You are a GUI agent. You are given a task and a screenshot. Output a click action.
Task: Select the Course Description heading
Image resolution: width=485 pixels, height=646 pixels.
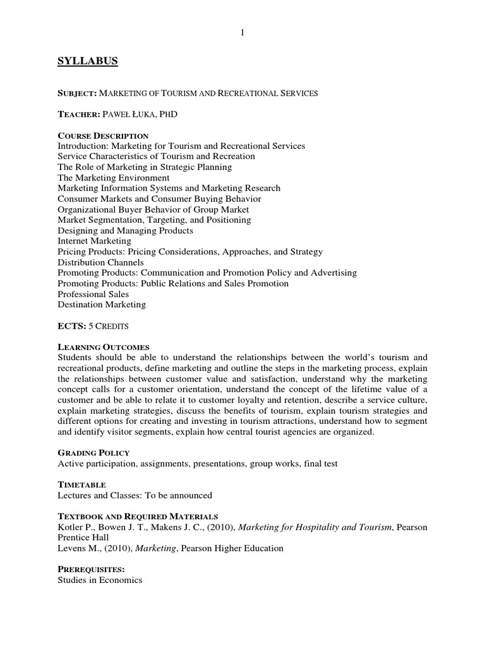(x=103, y=136)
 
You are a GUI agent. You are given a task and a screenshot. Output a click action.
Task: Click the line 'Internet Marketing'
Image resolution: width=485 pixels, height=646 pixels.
(x=94, y=241)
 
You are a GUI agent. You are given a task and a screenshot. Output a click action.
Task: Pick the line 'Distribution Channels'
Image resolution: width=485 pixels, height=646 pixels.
(x=100, y=262)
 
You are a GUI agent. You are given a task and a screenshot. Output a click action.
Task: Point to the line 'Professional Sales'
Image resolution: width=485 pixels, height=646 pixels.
(x=93, y=294)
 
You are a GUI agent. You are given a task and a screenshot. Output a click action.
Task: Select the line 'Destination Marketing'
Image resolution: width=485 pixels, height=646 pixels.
(x=101, y=305)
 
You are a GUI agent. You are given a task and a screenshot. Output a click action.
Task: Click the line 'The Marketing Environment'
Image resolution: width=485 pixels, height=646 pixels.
(x=113, y=178)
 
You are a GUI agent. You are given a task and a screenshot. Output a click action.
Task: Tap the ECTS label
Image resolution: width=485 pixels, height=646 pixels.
(x=68, y=326)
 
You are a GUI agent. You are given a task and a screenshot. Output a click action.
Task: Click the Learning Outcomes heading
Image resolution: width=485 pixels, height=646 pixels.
(x=103, y=347)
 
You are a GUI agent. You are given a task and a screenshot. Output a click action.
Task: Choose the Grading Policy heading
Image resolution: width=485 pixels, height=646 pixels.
(x=93, y=453)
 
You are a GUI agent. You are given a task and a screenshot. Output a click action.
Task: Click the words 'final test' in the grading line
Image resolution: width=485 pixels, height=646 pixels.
(x=318, y=464)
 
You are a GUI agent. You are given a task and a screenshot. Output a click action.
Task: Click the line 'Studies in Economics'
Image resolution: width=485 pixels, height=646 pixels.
(x=100, y=580)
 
